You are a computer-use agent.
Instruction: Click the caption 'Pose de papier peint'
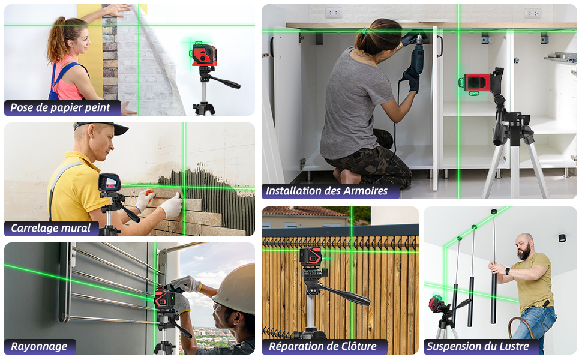pos(61,108)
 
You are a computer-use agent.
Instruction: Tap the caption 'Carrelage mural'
pos(51,228)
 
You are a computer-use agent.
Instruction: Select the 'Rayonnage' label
pos(39,346)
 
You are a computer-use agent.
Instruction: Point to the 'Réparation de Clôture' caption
pos(322,346)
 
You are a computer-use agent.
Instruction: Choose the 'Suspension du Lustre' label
pos(477,346)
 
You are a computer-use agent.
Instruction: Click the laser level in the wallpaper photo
pos(204,55)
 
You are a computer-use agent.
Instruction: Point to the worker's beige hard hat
pos(238,288)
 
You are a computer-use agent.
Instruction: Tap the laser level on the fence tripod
pos(311,257)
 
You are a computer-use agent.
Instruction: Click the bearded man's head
pos(525,246)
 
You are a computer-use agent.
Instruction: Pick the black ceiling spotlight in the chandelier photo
pos(562,238)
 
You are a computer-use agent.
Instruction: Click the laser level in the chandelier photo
pos(436,303)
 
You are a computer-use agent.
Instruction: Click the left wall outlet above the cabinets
pos(333,13)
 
